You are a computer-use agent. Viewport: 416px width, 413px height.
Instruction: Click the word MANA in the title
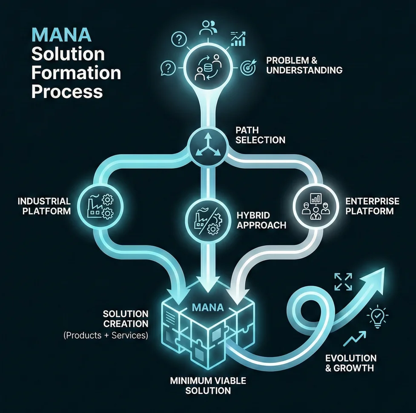pyautogui.click(x=62, y=35)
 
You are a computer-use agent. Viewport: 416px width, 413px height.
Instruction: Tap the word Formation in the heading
pyautogui.click(x=76, y=73)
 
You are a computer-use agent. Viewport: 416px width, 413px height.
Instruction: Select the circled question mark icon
pyautogui.click(x=179, y=40)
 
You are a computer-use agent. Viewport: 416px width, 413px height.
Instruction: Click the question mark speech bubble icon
pyautogui.click(x=168, y=68)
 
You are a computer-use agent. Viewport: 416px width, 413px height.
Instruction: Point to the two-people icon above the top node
pyautogui.click(x=208, y=28)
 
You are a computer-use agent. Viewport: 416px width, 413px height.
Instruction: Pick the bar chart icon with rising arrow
pyautogui.click(x=238, y=39)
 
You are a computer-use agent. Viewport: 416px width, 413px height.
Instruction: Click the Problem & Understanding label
pyautogui.click(x=304, y=65)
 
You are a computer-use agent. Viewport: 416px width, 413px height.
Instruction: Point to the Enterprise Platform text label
pyautogui.click(x=372, y=206)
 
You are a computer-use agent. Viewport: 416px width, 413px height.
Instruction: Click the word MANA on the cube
pyautogui.click(x=208, y=307)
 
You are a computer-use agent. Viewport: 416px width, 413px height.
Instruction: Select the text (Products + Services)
pyautogui.click(x=106, y=336)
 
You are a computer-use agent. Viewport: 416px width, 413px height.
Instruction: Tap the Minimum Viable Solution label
pyautogui.click(x=208, y=386)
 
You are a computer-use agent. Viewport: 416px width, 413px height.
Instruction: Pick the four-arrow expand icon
pyautogui.click(x=343, y=281)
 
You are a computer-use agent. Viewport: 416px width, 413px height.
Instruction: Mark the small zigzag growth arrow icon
pyautogui.click(x=354, y=338)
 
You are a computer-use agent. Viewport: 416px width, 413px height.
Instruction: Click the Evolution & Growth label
pyautogui.click(x=351, y=363)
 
